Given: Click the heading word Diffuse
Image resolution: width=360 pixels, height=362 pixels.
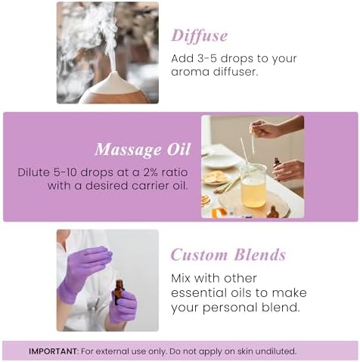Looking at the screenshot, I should coord(199,36).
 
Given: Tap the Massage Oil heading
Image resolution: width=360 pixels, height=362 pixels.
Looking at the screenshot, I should coord(142,148).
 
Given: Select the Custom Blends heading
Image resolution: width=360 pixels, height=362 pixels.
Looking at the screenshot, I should coord(228,255).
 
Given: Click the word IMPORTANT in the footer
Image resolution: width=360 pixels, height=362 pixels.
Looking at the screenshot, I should coord(53,351).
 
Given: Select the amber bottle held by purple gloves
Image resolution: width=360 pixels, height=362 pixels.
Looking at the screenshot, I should coord(118,291).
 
